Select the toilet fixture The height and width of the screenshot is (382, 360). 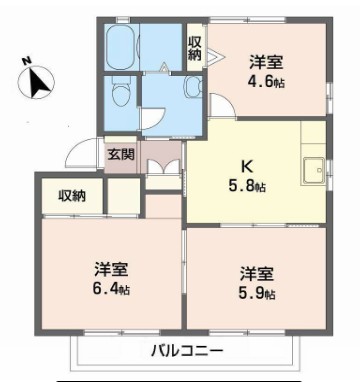[x=122, y=95]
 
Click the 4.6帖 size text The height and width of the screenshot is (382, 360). [x=266, y=81]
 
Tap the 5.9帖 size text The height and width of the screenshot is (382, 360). [x=257, y=292]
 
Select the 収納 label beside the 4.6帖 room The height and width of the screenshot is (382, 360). [x=195, y=47]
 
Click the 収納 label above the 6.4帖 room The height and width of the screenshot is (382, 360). [x=71, y=195]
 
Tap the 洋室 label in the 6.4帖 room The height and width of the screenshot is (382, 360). [x=110, y=270]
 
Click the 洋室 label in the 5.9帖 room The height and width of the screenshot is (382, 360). [x=255, y=273]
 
